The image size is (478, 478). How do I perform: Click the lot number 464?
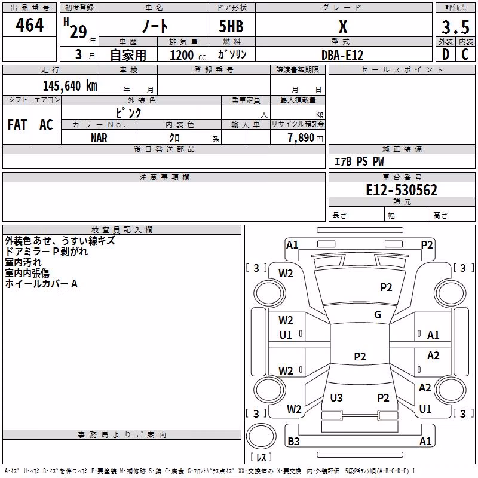pyautogui.click(x=29, y=25)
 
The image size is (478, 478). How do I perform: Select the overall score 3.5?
pyautogui.click(x=455, y=27)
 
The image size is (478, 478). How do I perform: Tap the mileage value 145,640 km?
pyautogui.click(x=70, y=86)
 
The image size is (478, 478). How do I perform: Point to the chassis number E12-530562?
pyautogui.click(x=402, y=190)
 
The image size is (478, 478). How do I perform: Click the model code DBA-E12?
pyautogui.click(x=342, y=55)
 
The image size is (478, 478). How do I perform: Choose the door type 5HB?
pyautogui.click(x=231, y=26)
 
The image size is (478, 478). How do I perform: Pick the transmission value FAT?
pyautogui.click(x=17, y=125)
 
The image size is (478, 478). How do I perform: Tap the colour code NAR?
pyautogui.click(x=99, y=138)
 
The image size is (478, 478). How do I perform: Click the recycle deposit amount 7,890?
pyautogui.click(x=301, y=138)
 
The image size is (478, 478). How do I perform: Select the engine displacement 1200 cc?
pyautogui.click(x=188, y=55)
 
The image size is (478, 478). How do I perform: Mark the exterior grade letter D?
pyautogui.click(x=446, y=54)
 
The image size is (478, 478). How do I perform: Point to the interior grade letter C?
pyautogui.click(x=465, y=54)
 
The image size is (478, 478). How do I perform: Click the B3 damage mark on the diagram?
pyautogui.click(x=293, y=441)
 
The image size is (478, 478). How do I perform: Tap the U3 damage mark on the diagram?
pyautogui.click(x=336, y=397)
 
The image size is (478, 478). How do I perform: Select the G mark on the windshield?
pyautogui.click(x=378, y=315)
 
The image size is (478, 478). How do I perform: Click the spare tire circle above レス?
pyautogui.click(x=261, y=436)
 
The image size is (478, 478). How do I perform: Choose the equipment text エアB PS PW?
pyautogui.click(x=359, y=161)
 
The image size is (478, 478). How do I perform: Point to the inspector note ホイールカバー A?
pyautogui.click(x=41, y=284)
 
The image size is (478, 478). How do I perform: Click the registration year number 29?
pyautogui.click(x=78, y=32)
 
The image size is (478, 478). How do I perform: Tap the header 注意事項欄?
pyautogui.click(x=164, y=177)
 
